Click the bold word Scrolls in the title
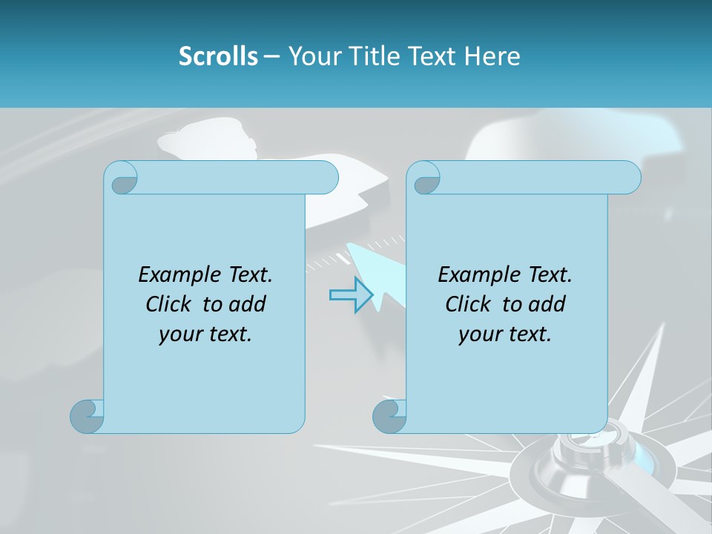[x=218, y=56]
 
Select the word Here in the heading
[x=492, y=56]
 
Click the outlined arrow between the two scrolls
[x=351, y=295]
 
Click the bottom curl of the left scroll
[x=87, y=416]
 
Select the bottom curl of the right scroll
[x=389, y=416]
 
